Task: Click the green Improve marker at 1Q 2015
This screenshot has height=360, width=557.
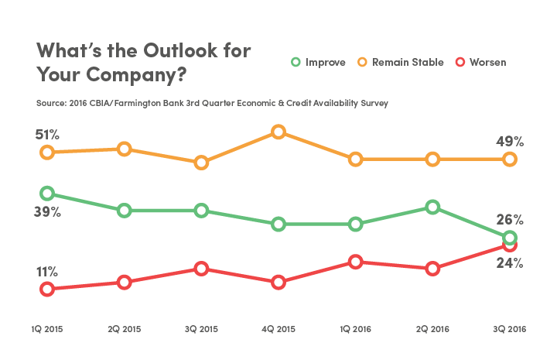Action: (47, 193)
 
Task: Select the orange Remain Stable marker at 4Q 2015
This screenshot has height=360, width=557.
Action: (278, 132)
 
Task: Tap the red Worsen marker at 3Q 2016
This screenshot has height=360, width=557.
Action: (510, 245)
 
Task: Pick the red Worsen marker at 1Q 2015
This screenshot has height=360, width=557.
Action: (47, 289)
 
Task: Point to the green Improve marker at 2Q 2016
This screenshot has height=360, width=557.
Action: (432, 207)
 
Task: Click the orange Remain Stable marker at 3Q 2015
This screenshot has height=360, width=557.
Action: (201, 163)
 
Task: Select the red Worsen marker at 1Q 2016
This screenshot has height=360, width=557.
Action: (355, 262)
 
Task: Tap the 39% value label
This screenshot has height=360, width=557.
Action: (47, 211)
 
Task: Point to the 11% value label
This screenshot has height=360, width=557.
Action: (46, 271)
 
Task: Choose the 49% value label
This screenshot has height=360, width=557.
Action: (511, 142)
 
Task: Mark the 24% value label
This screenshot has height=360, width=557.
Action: (511, 263)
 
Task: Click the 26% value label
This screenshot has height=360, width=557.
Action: (511, 220)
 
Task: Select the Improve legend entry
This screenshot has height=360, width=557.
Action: (318, 62)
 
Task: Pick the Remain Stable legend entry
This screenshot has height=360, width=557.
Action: (400, 62)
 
